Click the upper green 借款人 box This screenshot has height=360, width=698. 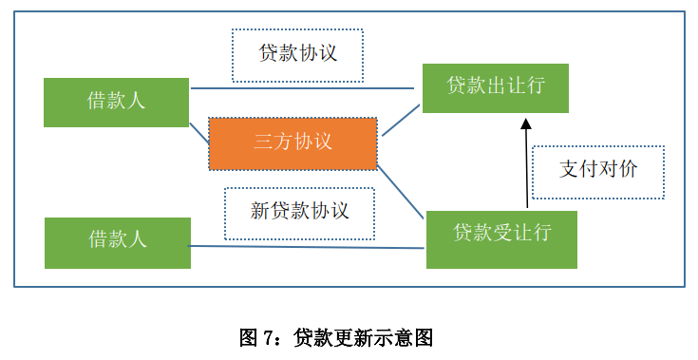coord(116,102)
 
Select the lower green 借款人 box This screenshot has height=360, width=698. coord(117,242)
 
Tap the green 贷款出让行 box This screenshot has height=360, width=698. coord(495,88)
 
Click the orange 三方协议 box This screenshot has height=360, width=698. coord(292,143)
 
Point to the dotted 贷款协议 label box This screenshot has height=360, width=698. coord(298,54)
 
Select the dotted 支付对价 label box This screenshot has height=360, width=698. coord(597,172)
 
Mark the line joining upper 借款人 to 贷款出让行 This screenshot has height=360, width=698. coord(304,89)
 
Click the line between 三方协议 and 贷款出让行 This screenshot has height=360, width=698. coord(400,121)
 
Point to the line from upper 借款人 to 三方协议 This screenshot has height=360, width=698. coord(198,134)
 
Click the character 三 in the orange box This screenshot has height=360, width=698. coord(263,143)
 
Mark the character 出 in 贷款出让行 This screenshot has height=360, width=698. coord(496,85)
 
